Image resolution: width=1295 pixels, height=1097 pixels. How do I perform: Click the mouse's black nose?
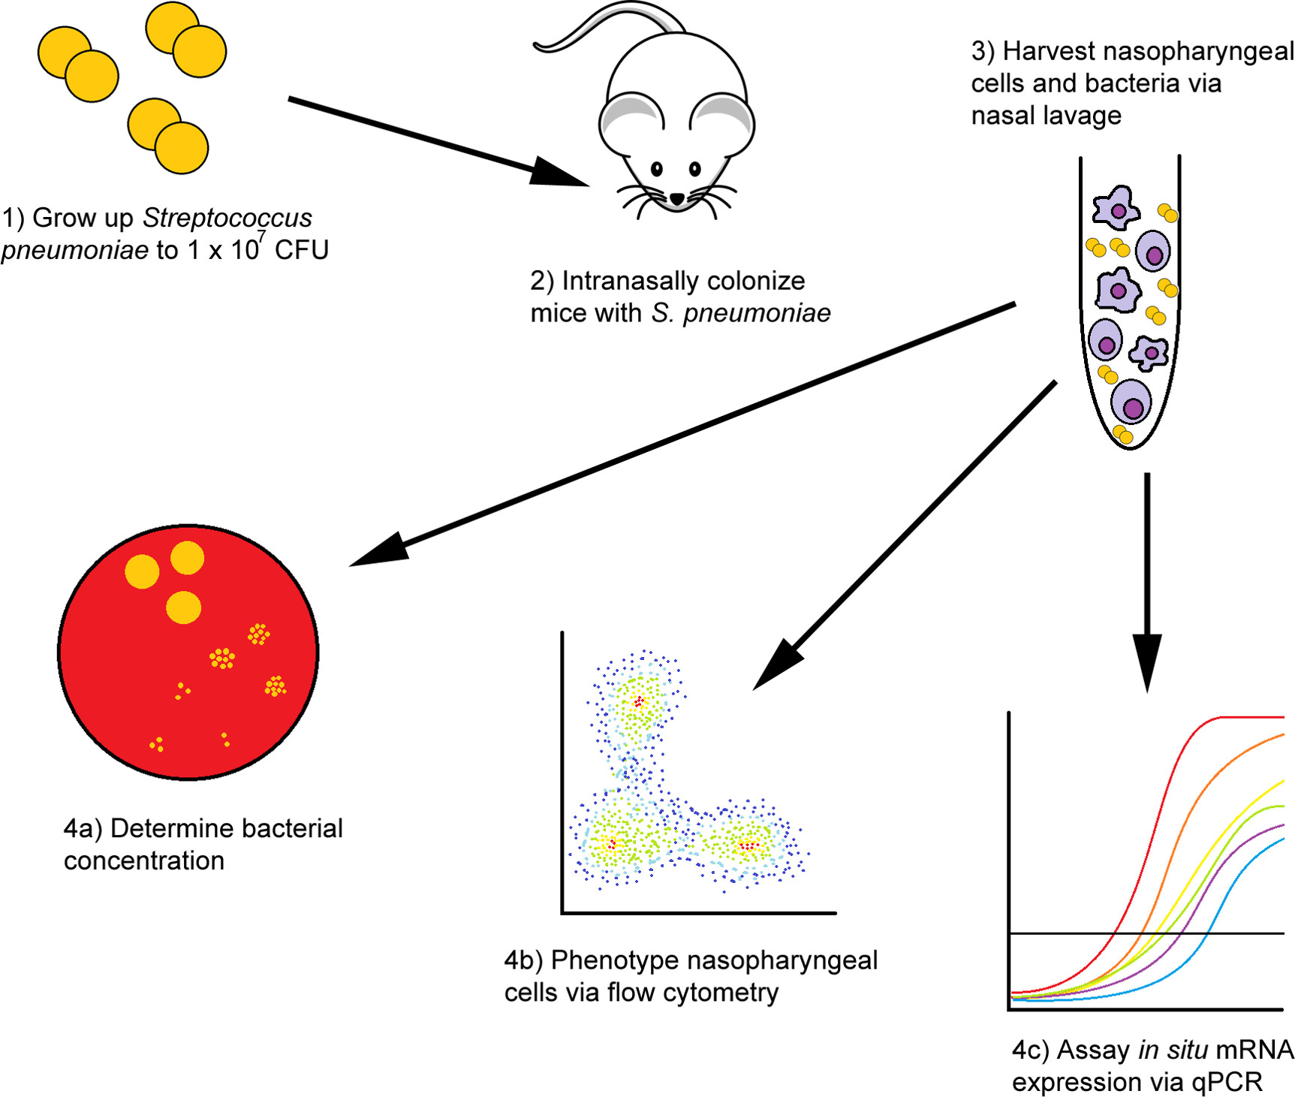[677, 199]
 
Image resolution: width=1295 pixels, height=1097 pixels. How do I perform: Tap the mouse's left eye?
[657, 169]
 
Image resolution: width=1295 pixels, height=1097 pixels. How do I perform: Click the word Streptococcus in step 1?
[227, 218]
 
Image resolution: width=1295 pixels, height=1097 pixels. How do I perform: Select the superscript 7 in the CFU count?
[261, 237]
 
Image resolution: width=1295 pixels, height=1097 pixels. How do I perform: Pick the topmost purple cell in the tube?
[1116, 208]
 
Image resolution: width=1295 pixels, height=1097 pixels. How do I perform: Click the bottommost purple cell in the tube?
[1131, 402]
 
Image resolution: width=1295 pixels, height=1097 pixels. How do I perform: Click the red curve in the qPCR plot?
[1171, 788]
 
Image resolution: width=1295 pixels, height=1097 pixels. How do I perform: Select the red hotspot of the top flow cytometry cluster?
[639, 702]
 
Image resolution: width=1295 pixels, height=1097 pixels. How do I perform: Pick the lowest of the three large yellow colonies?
[183, 607]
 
